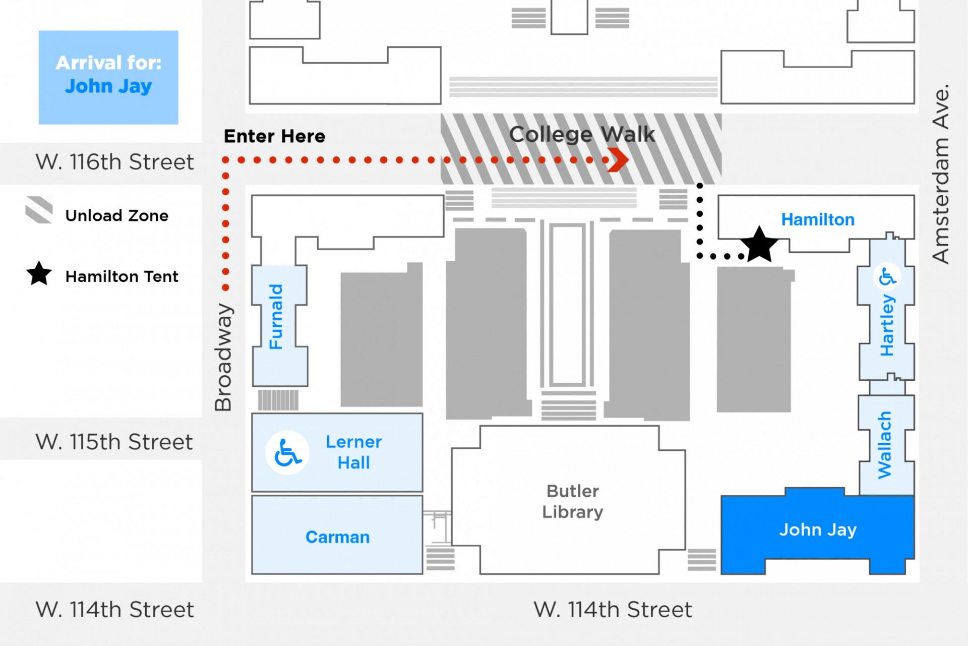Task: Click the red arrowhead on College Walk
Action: (x=618, y=160)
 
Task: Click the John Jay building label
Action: (x=817, y=530)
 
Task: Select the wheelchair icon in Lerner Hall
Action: (x=287, y=452)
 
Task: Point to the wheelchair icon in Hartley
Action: (x=887, y=276)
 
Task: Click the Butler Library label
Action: (x=572, y=501)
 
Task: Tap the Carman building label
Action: (x=337, y=537)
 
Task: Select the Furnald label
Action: (x=276, y=317)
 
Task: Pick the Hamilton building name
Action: (x=817, y=219)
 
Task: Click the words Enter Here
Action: (x=274, y=136)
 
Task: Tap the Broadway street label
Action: (x=223, y=357)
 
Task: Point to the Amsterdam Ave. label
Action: (x=940, y=174)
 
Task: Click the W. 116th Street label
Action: (x=114, y=162)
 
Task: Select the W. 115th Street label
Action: (x=114, y=442)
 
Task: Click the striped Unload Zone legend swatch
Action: (x=39, y=210)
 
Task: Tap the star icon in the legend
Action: (x=39, y=274)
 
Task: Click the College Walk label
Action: (x=582, y=134)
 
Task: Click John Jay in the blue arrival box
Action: (x=108, y=86)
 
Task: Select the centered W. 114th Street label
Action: (x=613, y=610)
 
